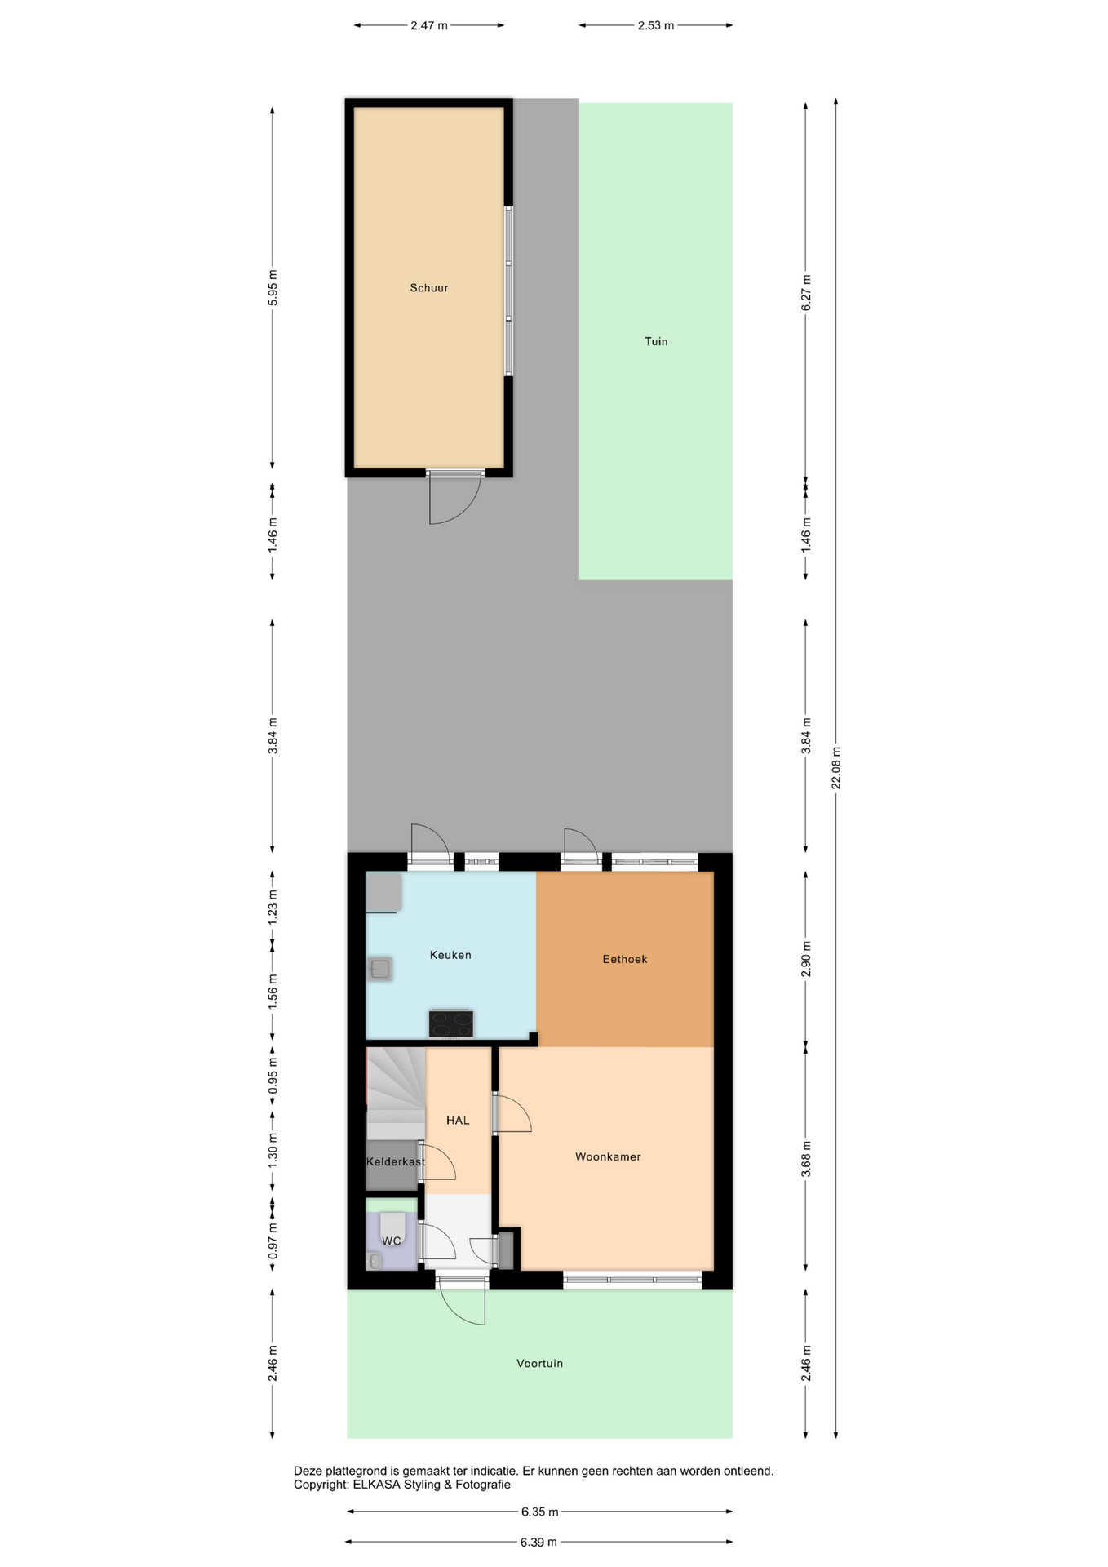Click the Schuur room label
[429, 288]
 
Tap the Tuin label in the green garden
[656, 342]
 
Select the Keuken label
[450, 955]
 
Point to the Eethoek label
[625, 959]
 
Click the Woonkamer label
[608, 1156]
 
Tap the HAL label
[458, 1121]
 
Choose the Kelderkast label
[396, 1161]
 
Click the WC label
[392, 1241]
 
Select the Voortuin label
[539, 1363]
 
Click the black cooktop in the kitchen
[451, 1023]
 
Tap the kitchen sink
[379, 969]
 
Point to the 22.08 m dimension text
[835, 768]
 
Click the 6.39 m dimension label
[538, 1542]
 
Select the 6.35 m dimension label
[540, 1512]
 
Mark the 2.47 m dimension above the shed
[429, 25]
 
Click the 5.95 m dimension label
[273, 288]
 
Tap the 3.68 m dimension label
[806, 1159]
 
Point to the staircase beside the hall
[396, 1093]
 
